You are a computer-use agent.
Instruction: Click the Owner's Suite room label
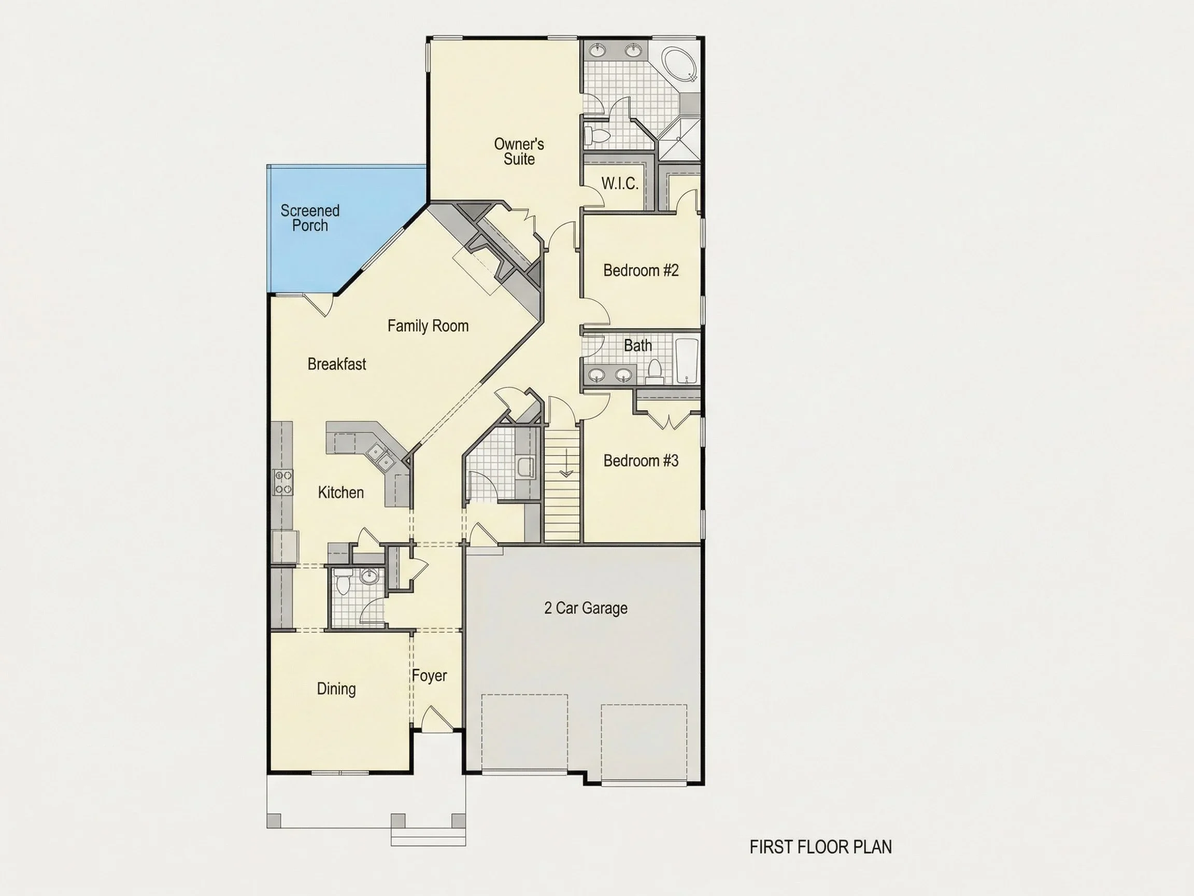[x=519, y=151]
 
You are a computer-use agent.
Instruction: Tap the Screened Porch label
[x=310, y=218]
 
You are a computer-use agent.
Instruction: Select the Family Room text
[x=428, y=326]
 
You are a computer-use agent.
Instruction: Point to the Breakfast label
[x=337, y=364]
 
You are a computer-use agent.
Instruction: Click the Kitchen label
[x=340, y=492]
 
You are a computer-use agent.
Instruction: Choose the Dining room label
[x=336, y=689]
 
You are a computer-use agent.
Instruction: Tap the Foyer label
[x=429, y=676]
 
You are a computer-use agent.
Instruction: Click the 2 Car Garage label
[x=586, y=608]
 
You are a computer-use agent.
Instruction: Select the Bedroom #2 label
[x=641, y=270]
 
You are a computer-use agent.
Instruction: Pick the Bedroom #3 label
[x=641, y=460]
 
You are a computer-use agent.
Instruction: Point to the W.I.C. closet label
[x=620, y=184]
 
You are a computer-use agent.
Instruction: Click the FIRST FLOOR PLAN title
[x=820, y=847]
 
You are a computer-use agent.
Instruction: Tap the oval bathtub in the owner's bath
[x=679, y=64]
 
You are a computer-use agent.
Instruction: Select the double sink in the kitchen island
[x=380, y=456]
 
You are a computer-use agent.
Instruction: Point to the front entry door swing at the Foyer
[x=437, y=719]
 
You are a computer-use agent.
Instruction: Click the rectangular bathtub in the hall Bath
[x=687, y=360]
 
